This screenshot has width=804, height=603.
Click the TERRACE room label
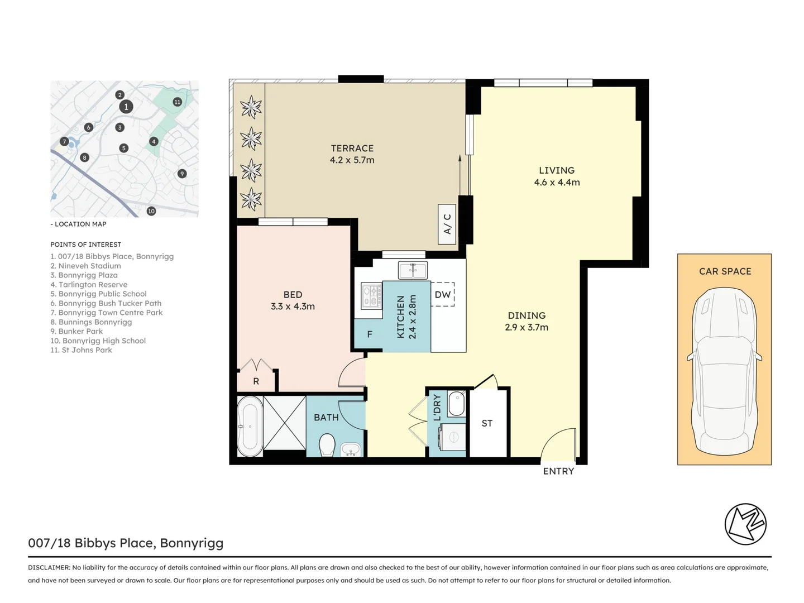point(352,148)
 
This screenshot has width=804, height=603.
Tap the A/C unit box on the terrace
point(447,224)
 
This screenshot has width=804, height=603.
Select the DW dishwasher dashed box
point(443,295)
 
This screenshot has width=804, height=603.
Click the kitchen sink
point(413,270)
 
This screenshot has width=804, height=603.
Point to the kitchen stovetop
point(372,295)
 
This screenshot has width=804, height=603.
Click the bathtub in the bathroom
point(250,426)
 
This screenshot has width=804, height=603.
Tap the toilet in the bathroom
point(327,446)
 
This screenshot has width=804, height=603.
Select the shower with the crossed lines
point(285,422)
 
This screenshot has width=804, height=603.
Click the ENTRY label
point(558,471)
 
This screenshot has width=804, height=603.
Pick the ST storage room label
point(487,423)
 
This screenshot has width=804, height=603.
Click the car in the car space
point(725,371)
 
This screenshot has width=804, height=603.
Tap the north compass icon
point(745,524)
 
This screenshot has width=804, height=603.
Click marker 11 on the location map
point(177,102)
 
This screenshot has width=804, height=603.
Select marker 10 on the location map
point(151,211)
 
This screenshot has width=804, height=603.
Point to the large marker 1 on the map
point(126,107)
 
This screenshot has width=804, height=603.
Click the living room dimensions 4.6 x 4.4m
point(557,183)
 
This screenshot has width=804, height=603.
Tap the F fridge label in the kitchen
point(370,334)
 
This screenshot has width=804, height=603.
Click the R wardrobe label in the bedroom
point(256,381)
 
